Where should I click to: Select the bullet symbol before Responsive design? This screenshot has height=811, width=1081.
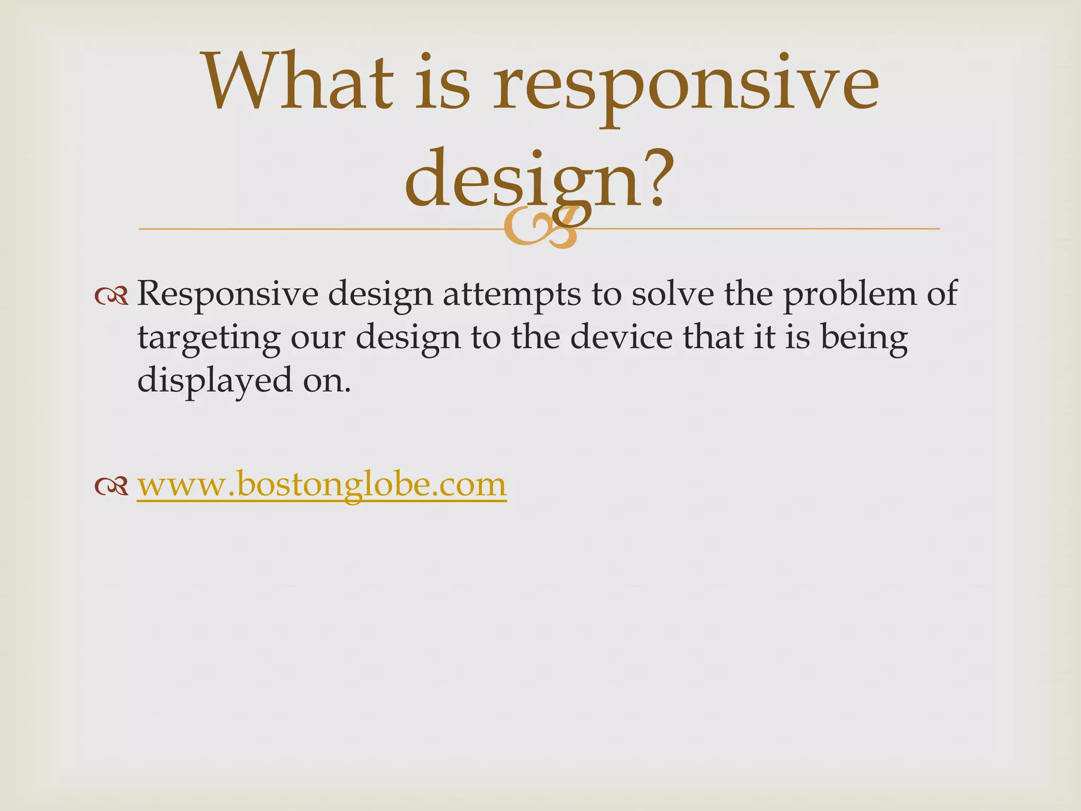coord(111,297)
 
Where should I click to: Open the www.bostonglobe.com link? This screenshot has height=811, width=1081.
coord(321,484)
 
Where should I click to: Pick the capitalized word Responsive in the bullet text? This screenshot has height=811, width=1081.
coord(227,295)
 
